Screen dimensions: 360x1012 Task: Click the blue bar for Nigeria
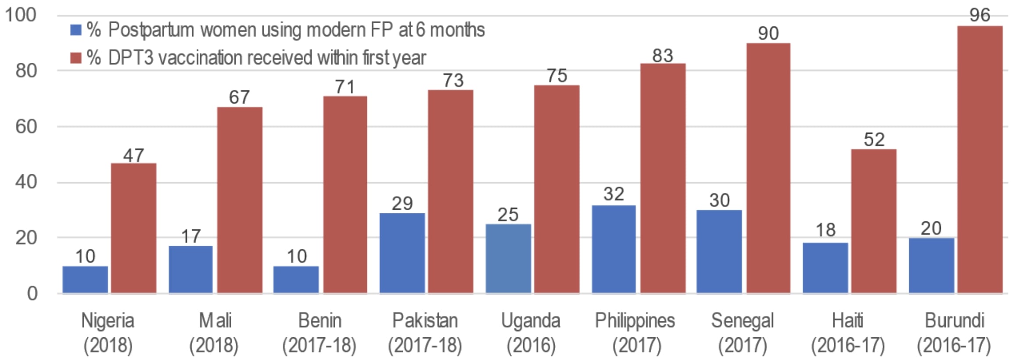85,279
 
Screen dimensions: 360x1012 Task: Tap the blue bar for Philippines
614,249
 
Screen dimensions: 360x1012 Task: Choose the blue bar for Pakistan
402,253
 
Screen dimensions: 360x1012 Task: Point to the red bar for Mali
240,200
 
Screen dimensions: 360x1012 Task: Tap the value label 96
980,16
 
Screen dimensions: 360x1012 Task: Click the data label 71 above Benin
345,87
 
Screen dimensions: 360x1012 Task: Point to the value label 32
614,194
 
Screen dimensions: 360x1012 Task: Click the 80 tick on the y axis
26,71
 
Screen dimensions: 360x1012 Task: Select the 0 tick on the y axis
32,293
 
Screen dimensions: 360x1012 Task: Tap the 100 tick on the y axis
21,15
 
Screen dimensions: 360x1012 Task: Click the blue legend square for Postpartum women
76,30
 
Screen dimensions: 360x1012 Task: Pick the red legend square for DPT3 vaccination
76,58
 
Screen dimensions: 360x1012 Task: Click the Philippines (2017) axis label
635,333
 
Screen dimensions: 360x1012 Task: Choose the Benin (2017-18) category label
319,333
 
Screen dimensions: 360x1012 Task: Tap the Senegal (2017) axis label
742,333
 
